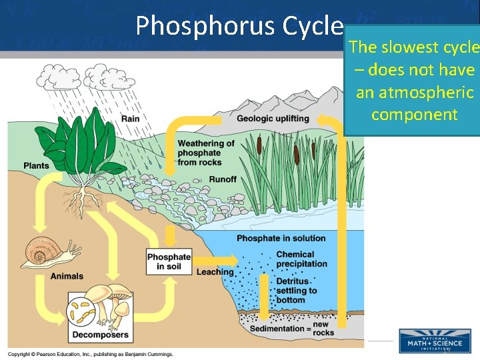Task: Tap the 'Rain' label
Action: click(x=130, y=119)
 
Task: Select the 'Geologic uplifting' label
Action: click(x=273, y=119)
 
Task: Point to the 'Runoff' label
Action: click(x=222, y=179)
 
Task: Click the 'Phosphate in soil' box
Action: click(x=169, y=262)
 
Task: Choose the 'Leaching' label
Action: click(x=215, y=272)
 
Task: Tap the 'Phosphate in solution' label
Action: click(x=281, y=239)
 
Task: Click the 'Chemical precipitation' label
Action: click(x=301, y=259)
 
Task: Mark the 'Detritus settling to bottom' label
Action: click(x=297, y=291)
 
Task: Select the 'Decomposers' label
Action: click(x=100, y=335)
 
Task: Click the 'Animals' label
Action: click(x=67, y=276)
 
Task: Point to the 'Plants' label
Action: click(x=35, y=165)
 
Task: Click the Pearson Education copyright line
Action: click(x=91, y=354)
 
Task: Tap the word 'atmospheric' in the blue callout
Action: click(x=415, y=92)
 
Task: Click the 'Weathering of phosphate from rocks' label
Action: click(x=206, y=153)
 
